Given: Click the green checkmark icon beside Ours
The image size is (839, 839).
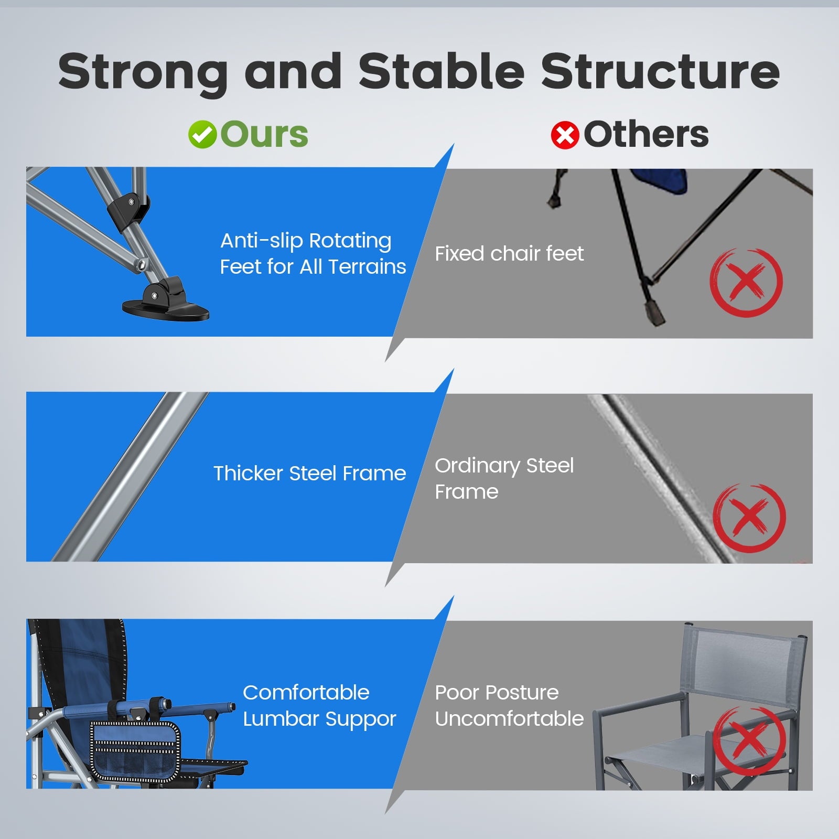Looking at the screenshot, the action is pyautogui.click(x=202, y=135).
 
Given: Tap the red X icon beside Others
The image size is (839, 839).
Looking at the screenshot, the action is pyautogui.click(x=565, y=135).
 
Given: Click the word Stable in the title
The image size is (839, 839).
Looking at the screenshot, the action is pyautogui.click(x=442, y=71).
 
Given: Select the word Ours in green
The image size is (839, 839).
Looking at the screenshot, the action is pyautogui.click(x=264, y=134).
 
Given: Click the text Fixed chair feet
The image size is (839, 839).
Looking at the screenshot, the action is pyautogui.click(x=509, y=254).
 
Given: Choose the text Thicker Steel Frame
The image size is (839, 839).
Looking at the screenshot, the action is pyautogui.click(x=310, y=473).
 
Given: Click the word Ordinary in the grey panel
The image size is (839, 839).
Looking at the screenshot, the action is pyautogui.click(x=477, y=466).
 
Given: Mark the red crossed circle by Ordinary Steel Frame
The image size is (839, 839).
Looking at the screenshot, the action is pyautogui.click(x=749, y=518).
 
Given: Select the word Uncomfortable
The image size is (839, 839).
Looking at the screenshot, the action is pyautogui.click(x=509, y=718).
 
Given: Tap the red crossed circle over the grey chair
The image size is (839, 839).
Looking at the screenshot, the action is pyautogui.click(x=750, y=740).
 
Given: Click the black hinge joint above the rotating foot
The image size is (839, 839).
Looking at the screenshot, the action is pyautogui.click(x=128, y=210).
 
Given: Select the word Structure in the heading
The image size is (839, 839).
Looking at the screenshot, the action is pyautogui.click(x=661, y=71).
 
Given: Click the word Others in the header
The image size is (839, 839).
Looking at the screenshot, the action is pyautogui.click(x=646, y=134).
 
